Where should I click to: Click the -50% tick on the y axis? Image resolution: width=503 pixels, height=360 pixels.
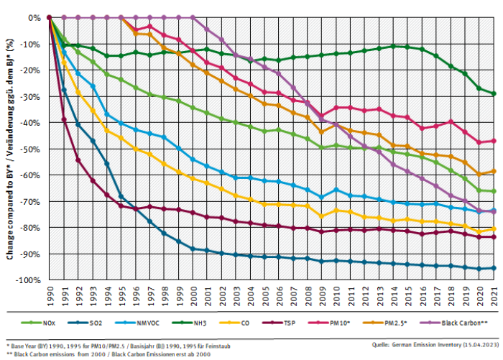31,149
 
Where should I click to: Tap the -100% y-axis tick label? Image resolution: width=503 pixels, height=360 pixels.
29,280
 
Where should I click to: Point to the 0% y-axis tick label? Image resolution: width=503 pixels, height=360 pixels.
34,17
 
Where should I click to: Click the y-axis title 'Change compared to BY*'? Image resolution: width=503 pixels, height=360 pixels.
11,149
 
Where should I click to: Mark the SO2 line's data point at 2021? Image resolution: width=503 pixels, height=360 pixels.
493,268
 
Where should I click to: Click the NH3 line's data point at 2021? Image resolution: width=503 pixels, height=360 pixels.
493,93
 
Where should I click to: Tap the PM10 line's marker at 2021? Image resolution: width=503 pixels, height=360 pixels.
493,141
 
